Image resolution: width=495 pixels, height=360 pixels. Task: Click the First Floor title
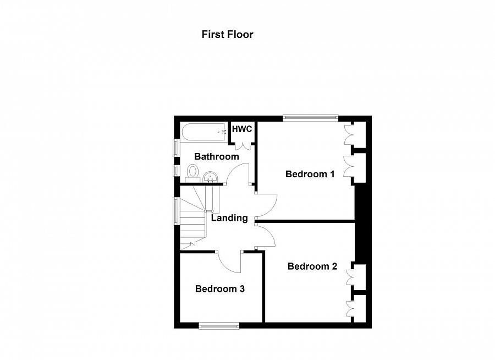pyautogui.click(x=227, y=34)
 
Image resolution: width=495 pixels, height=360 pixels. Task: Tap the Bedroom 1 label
pyautogui.click(x=310, y=174)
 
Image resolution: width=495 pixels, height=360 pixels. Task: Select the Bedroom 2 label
pyautogui.click(x=312, y=266)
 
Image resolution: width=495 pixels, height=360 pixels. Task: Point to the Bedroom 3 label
pyautogui.click(x=219, y=288)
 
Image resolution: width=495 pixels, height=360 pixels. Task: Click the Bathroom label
pyautogui.click(x=217, y=156)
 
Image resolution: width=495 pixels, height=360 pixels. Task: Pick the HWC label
pyautogui.click(x=242, y=129)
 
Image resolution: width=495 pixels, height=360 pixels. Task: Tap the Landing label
pyautogui.click(x=229, y=218)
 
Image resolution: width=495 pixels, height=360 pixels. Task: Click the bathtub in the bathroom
pyautogui.click(x=204, y=132)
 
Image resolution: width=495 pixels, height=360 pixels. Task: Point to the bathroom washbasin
pyautogui.click(x=210, y=177)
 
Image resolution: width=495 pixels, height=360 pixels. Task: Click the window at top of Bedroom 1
pyautogui.click(x=311, y=117)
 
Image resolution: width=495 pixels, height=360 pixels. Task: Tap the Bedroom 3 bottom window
pyautogui.click(x=219, y=326)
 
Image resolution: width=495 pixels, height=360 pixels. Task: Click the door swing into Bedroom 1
pyautogui.click(x=267, y=205)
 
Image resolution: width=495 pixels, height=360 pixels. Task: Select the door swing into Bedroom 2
pyautogui.click(x=266, y=235)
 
